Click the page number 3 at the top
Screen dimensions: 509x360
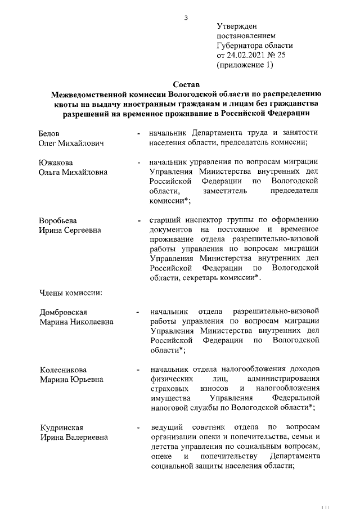[185, 18]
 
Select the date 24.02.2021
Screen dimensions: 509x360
[247, 55]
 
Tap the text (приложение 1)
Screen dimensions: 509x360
[245, 65]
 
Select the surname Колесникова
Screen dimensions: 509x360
[62, 370]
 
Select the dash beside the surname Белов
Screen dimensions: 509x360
[138, 134]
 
